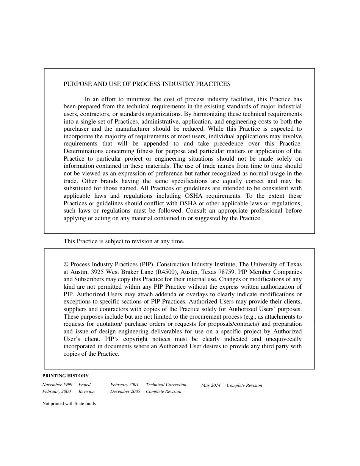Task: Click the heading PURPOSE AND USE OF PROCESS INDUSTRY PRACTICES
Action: pyautogui.click(x=147, y=84)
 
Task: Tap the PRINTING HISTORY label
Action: pyautogui.click(x=65, y=376)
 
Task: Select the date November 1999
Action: pyautogui.click(x=57, y=385)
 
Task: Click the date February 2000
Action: pyautogui.click(x=56, y=391)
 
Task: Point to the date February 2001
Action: pyautogui.click(x=124, y=385)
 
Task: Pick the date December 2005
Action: pyautogui.click(x=125, y=391)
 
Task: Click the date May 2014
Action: pyautogui.click(x=211, y=385)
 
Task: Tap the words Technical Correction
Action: pyautogui.click(x=166, y=385)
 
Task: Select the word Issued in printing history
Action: pyautogui.click(x=85, y=385)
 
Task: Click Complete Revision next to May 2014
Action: pyautogui.click(x=244, y=385)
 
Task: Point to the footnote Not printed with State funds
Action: pyautogui.click(x=69, y=404)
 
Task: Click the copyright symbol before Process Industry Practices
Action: pyautogui.click(x=66, y=264)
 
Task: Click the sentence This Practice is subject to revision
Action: pyautogui.click(x=124, y=241)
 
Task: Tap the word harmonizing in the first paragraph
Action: pyautogui.click(x=209, y=114)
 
